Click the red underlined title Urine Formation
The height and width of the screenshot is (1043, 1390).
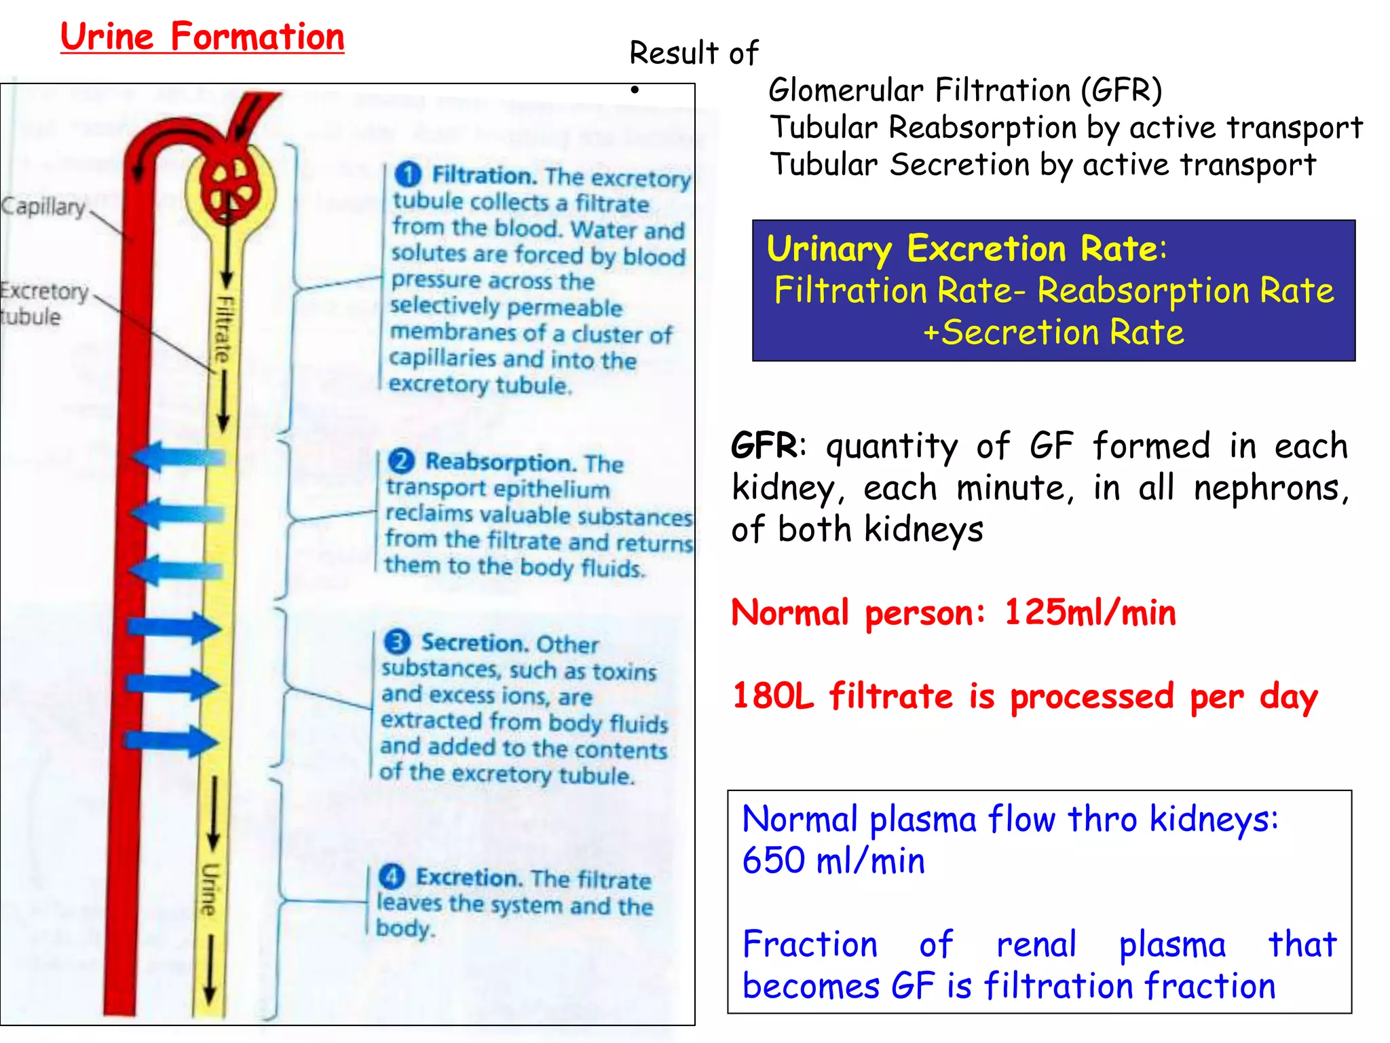point(202,37)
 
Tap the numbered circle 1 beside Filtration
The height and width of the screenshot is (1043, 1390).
point(408,175)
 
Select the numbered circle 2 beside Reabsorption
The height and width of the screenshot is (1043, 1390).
point(401,462)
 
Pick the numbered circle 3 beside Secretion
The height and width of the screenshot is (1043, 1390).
point(397,642)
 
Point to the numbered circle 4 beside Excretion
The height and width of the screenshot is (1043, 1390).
point(392,877)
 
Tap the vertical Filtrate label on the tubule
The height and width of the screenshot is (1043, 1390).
point(223,330)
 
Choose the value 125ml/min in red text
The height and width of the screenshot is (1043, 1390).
point(1089,612)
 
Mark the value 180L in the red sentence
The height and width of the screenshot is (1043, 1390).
point(773,696)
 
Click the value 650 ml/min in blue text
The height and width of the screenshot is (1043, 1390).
point(833,861)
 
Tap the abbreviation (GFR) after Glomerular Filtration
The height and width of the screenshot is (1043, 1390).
point(1121,90)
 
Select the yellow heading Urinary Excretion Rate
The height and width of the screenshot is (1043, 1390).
point(966,249)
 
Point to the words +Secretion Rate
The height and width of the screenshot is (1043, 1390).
point(1053,333)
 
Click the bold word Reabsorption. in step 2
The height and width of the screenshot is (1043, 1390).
point(501,462)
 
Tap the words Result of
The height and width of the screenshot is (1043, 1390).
point(694,54)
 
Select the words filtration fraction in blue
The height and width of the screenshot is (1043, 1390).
point(1129,986)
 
